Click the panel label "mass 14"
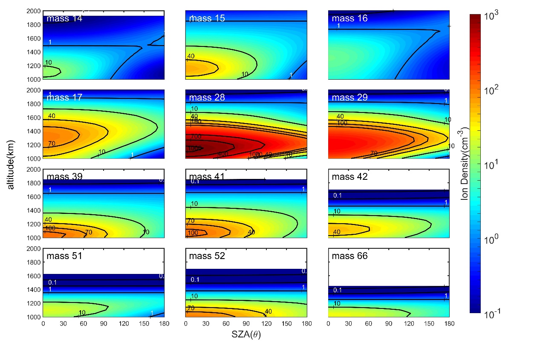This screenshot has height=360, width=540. [64, 19]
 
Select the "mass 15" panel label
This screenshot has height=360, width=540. [207, 19]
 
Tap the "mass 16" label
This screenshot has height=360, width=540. [349, 19]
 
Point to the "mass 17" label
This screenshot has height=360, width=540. [64, 98]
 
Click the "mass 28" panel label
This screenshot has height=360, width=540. [207, 98]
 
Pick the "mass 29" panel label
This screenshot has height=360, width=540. [349, 98]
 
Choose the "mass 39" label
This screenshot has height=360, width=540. [64, 177]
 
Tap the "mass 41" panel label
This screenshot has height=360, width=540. [207, 177]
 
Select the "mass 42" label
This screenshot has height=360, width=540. [349, 177]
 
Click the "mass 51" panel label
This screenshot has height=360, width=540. [64, 256]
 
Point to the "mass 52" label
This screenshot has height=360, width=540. [207, 256]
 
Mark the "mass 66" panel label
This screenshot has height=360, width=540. [349, 256]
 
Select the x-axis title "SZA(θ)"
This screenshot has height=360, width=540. [246, 335]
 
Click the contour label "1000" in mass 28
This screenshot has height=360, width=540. [194, 148]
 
